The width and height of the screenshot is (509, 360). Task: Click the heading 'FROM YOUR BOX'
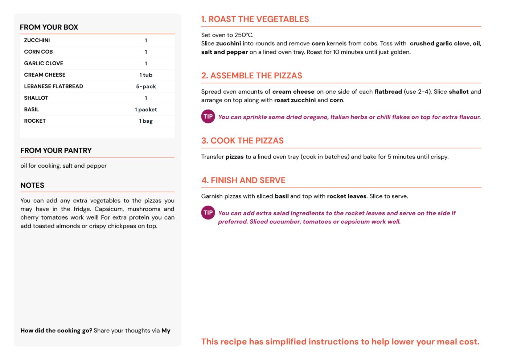[x=49, y=27]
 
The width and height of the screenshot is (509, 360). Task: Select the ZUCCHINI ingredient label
[x=37, y=40]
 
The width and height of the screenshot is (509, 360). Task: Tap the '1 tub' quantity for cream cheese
[x=146, y=75]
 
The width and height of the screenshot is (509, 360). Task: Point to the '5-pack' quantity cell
[x=146, y=87]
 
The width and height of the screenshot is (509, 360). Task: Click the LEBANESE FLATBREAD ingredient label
[x=53, y=86]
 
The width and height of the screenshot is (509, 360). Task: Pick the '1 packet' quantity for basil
[x=146, y=110]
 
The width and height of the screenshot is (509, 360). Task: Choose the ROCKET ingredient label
[x=35, y=121]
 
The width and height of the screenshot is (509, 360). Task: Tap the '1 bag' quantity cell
[x=146, y=121]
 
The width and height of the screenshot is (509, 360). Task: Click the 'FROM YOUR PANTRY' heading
[x=56, y=151]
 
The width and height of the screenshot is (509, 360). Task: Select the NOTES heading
[x=32, y=185]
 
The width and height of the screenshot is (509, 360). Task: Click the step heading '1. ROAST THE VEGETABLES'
[x=255, y=19]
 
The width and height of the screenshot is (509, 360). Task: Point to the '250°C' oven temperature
[x=243, y=35]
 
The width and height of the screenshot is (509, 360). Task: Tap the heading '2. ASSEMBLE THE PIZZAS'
[x=252, y=76]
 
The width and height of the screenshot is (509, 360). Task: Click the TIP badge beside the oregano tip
[x=208, y=116]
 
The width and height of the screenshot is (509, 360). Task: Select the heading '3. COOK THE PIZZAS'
[x=242, y=141]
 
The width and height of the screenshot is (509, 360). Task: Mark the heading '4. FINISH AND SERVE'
[x=243, y=180]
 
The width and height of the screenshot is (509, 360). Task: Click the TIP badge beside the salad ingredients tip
[x=208, y=213]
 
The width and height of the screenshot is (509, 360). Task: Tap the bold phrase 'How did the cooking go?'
[x=56, y=331]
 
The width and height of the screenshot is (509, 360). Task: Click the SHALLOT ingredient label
[x=36, y=98]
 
